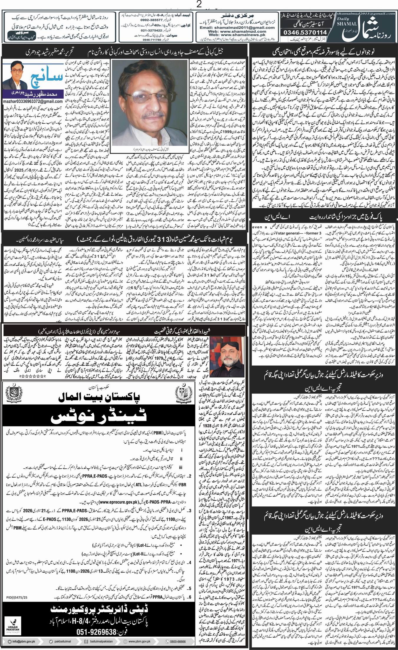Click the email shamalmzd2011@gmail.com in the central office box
tap(237, 28)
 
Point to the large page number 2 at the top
tap(199, 5)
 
